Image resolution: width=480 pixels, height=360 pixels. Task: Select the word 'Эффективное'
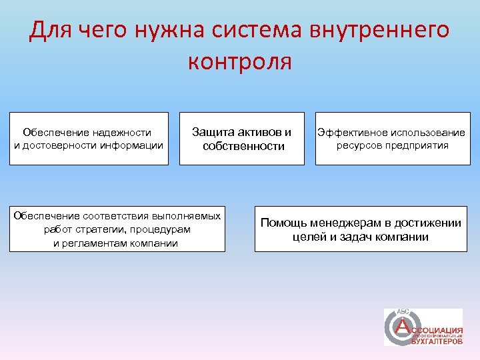pyautogui.click(x=351, y=133)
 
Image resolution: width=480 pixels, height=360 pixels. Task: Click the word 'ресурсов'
pyautogui.click(x=361, y=145)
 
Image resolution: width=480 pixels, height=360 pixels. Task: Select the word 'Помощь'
pyautogui.click(x=281, y=223)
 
